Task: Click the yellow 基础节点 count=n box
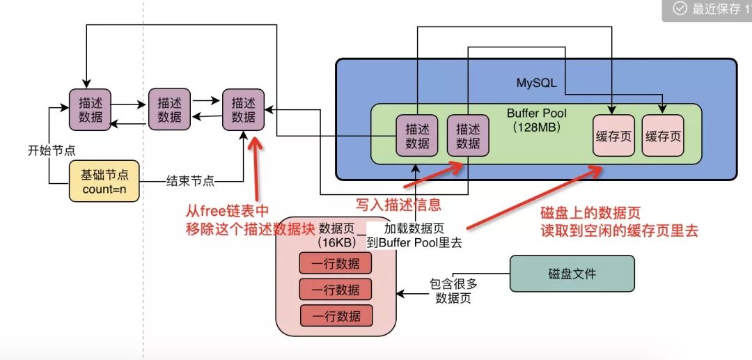(x=104, y=181)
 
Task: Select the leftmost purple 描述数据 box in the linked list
(x=91, y=110)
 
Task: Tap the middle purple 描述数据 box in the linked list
(x=169, y=110)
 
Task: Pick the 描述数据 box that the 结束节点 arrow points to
(x=243, y=110)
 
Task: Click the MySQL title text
(x=536, y=83)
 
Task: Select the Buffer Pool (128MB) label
(x=536, y=120)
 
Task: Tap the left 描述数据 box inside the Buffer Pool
(x=417, y=136)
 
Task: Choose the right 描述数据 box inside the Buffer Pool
(x=468, y=136)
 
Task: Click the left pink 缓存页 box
(x=613, y=136)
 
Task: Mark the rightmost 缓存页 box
(x=663, y=136)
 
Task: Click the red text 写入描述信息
(x=398, y=205)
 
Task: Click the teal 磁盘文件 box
(x=572, y=274)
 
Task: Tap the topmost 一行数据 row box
(x=336, y=263)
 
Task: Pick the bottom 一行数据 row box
(x=336, y=315)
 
